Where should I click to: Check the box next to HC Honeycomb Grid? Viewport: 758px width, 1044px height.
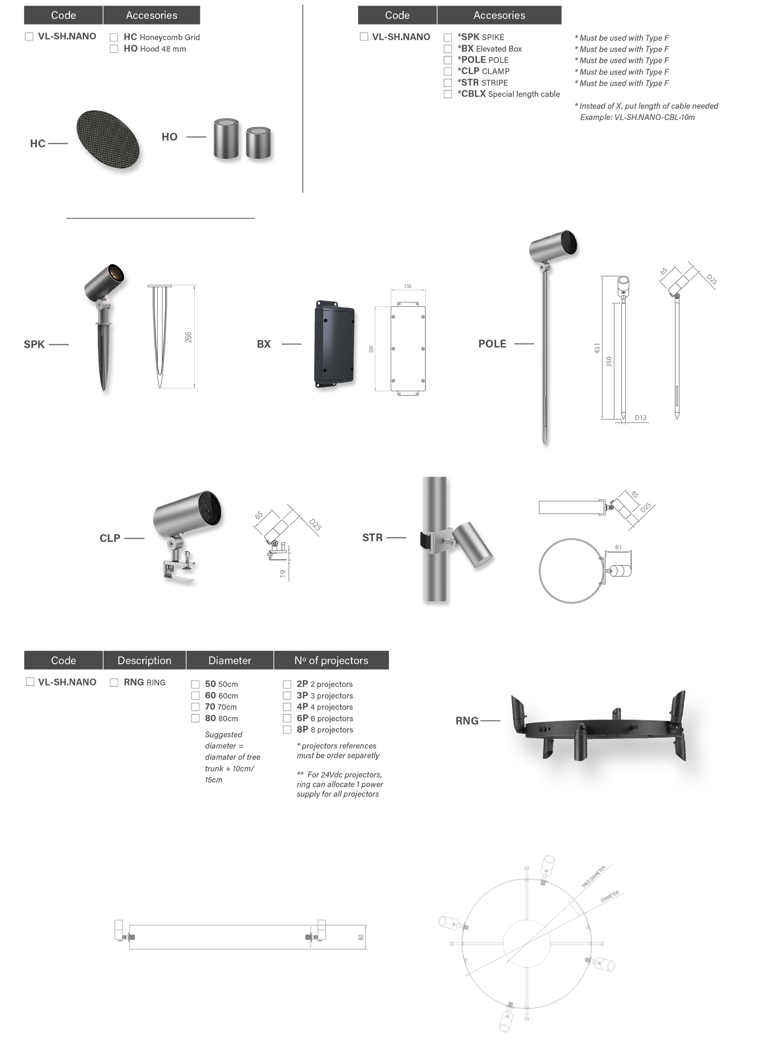114,37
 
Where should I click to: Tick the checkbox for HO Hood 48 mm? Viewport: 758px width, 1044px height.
114,49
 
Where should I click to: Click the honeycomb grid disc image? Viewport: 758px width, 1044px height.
108,141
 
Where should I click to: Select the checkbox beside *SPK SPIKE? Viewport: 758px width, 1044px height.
448,37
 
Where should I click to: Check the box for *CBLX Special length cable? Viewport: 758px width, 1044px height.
448,94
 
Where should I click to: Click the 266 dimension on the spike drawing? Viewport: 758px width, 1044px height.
188,337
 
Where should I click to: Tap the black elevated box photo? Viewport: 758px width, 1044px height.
334,344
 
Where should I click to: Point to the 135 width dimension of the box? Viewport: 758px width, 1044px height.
407,286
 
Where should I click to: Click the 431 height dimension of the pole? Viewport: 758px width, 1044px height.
597,348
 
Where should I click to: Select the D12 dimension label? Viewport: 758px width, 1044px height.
641,417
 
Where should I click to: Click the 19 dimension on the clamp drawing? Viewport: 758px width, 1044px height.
283,574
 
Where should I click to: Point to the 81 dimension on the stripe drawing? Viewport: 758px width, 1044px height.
618,547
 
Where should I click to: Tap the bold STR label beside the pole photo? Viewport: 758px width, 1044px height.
372,538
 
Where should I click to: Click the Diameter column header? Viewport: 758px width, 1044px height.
230,660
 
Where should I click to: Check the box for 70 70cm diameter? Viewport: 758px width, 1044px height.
195,707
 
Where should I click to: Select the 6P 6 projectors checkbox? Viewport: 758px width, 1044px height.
287,718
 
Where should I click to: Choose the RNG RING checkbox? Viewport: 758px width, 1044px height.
114,682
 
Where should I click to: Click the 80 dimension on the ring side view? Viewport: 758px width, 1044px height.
361,937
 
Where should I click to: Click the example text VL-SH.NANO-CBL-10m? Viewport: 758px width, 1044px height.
654,117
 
